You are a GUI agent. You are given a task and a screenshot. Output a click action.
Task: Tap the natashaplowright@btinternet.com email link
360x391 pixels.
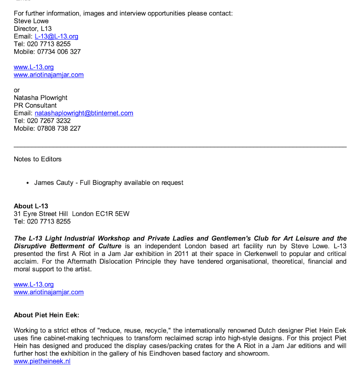(x=84, y=113)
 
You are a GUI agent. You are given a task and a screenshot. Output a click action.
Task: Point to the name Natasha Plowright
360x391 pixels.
(x=40, y=98)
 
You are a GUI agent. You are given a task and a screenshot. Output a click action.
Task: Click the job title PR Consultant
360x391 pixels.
(x=35, y=105)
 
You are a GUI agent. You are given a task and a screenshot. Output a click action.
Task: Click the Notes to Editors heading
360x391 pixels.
(x=37, y=159)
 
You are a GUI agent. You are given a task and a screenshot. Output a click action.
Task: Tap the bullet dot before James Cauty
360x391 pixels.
(x=28, y=183)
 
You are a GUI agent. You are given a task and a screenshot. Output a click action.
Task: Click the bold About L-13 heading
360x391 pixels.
(x=31, y=206)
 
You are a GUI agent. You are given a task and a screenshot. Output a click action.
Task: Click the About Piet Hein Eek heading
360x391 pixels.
(x=46, y=315)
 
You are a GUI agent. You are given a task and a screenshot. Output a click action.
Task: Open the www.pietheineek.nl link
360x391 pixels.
(x=42, y=361)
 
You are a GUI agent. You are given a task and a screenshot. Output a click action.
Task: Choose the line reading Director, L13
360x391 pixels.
(x=32, y=29)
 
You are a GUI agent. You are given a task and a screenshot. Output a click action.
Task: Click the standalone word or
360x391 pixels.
(x=17, y=90)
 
